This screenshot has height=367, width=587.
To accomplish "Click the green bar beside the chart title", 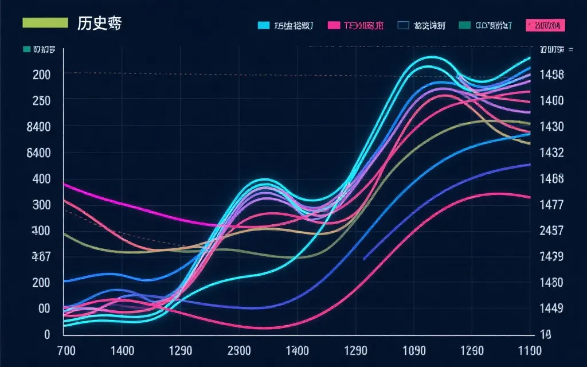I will (45, 23).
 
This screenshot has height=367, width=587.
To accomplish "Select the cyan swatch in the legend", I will (264, 25).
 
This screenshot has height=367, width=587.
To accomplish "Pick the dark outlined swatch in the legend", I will (403, 25).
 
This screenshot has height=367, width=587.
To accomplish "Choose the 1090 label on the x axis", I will (414, 350).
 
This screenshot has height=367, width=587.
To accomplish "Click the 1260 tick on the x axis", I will (472, 350).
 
